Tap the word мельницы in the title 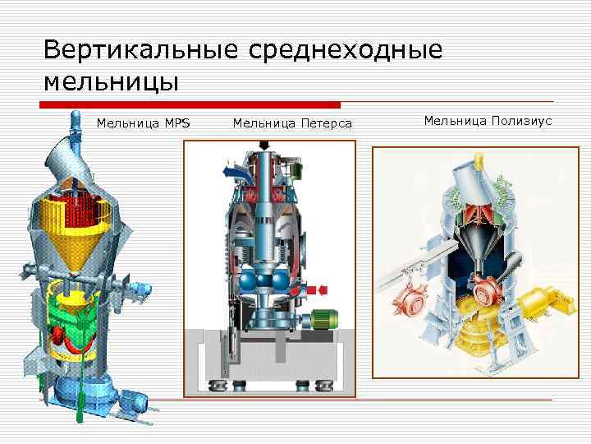112,82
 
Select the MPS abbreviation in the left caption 176,123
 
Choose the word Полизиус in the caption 522,121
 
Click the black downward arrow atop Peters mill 268,145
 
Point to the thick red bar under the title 190,105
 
